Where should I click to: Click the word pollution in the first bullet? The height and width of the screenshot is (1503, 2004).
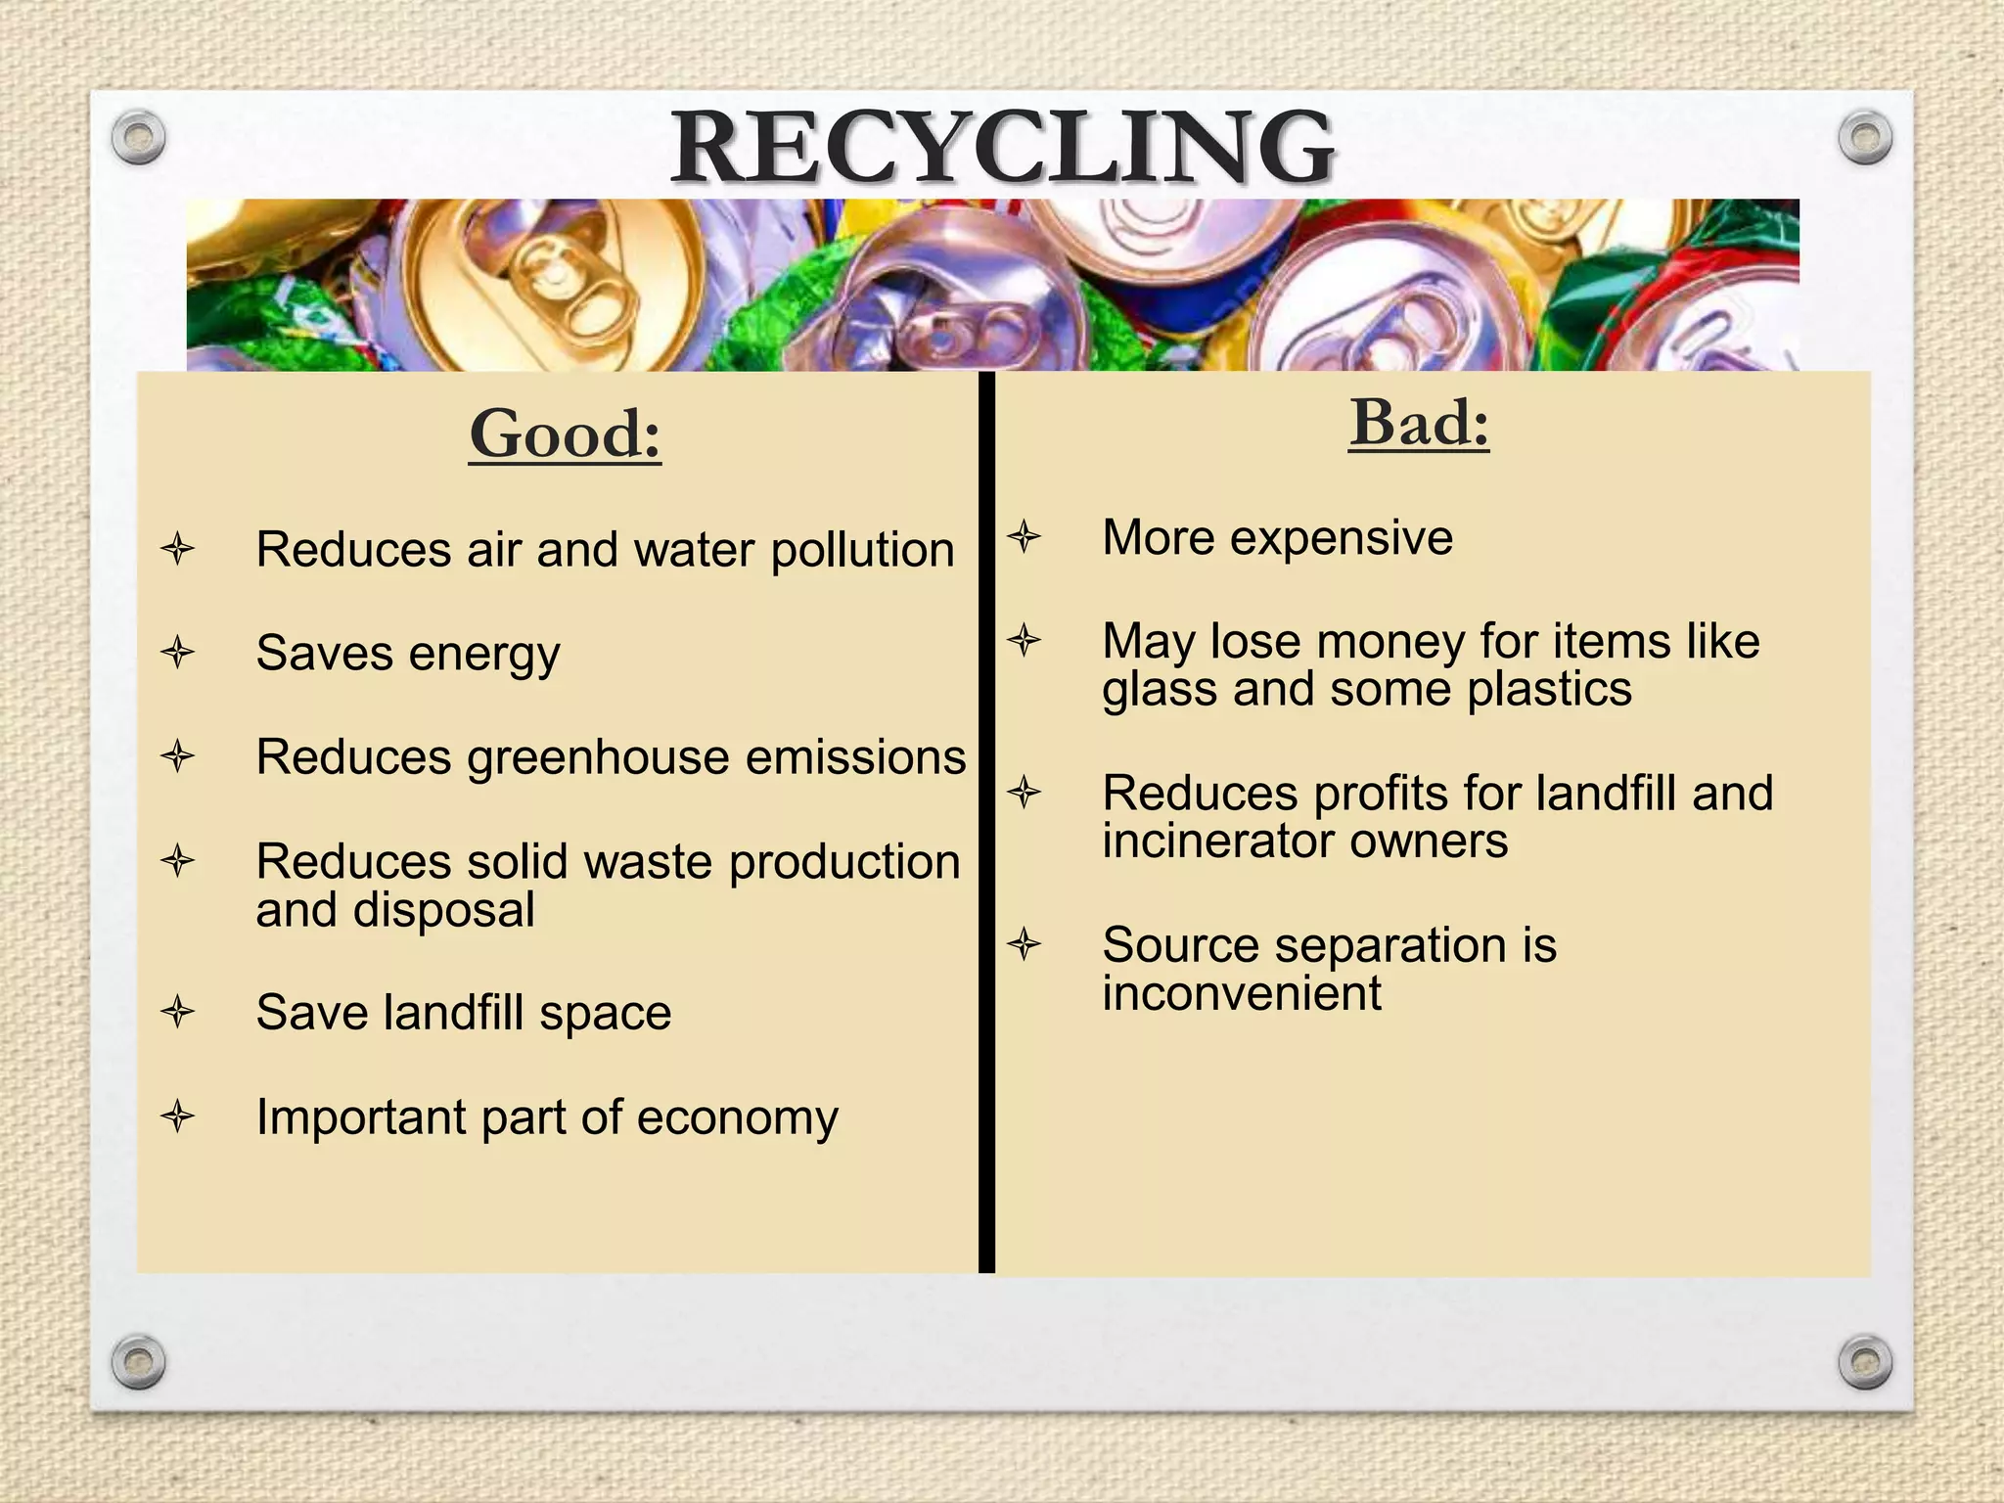pyautogui.click(x=862, y=550)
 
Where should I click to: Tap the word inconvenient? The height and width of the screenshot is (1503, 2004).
pyautogui.click(x=1242, y=993)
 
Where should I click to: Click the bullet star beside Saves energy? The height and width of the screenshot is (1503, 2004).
pyautogui.click(x=178, y=652)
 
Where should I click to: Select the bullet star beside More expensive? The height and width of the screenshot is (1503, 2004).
pyautogui.click(x=1024, y=536)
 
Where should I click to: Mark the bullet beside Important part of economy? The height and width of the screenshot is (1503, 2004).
pyautogui.click(x=178, y=1116)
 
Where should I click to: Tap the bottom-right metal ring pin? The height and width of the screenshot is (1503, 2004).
pyautogui.click(x=1865, y=1362)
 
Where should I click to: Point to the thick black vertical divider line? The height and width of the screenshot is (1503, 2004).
pyautogui.click(x=986, y=822)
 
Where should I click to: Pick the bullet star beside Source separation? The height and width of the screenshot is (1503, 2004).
pyautogui.click(x=1024, y=944)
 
